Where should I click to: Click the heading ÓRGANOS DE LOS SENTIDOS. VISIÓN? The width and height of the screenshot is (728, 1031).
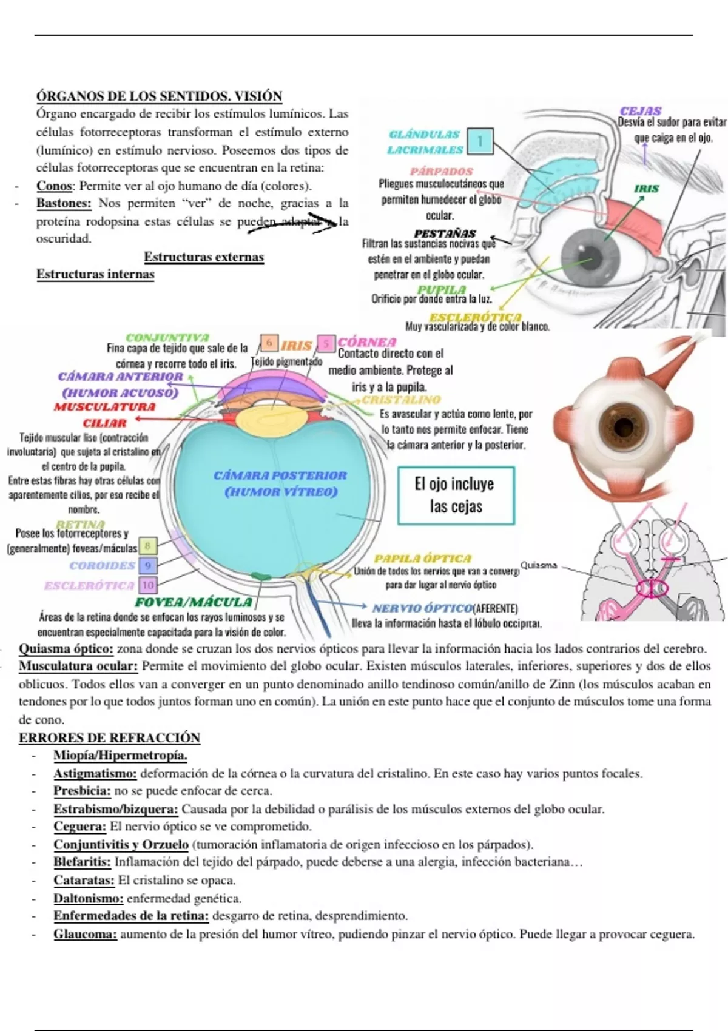pyautogui.click(x=159, y=96)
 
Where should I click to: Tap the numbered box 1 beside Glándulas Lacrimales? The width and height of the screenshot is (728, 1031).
pyautogui.click(x=479, y=141)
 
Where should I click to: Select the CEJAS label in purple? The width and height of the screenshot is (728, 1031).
pyautogui.click(x=641, y=111)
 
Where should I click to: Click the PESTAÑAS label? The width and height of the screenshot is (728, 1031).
pyautogui.click(x=445, y=233)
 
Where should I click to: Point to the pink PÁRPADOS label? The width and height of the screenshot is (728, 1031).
pyautogui.click(x=441, y=172)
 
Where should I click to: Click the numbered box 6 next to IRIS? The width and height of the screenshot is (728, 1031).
pyautogui.click(x=269, y=343)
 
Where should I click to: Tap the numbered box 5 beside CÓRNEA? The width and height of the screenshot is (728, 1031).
pyautogui.click(x=326, y=344)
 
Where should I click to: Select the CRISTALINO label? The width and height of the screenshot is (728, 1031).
pyautogui.click(x=401, y=400)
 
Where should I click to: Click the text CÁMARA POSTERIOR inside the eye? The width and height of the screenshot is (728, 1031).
pyautogui.click(x=280, y=475)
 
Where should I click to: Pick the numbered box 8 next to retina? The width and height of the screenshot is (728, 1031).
pyautogui.click(x=147, y=546)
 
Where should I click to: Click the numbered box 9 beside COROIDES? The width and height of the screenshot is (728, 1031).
pyautogui.click(x=147, y=565)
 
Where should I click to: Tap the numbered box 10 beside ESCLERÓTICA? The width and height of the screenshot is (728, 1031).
pyautogui.click(x=147, y=585)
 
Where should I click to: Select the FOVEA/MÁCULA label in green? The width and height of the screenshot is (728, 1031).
pyautogui.click(x=194, y=602)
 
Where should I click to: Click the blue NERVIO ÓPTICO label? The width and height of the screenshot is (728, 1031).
pyautogui.click(x=422, y=608)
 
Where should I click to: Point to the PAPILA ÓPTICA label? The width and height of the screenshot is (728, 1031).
pyautogui.click(x=422, y=559)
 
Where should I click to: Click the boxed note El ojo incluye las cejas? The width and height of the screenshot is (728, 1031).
pyautogui.click(x=456, y=495)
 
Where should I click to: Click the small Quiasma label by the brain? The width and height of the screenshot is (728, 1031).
pyautogui.click(x=538, y=565)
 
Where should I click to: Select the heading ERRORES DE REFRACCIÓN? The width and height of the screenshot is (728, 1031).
pyautogui.click(x=109, y=737)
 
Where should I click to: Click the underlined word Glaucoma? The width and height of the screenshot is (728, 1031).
pyautogui.click(x=85, y=934)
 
